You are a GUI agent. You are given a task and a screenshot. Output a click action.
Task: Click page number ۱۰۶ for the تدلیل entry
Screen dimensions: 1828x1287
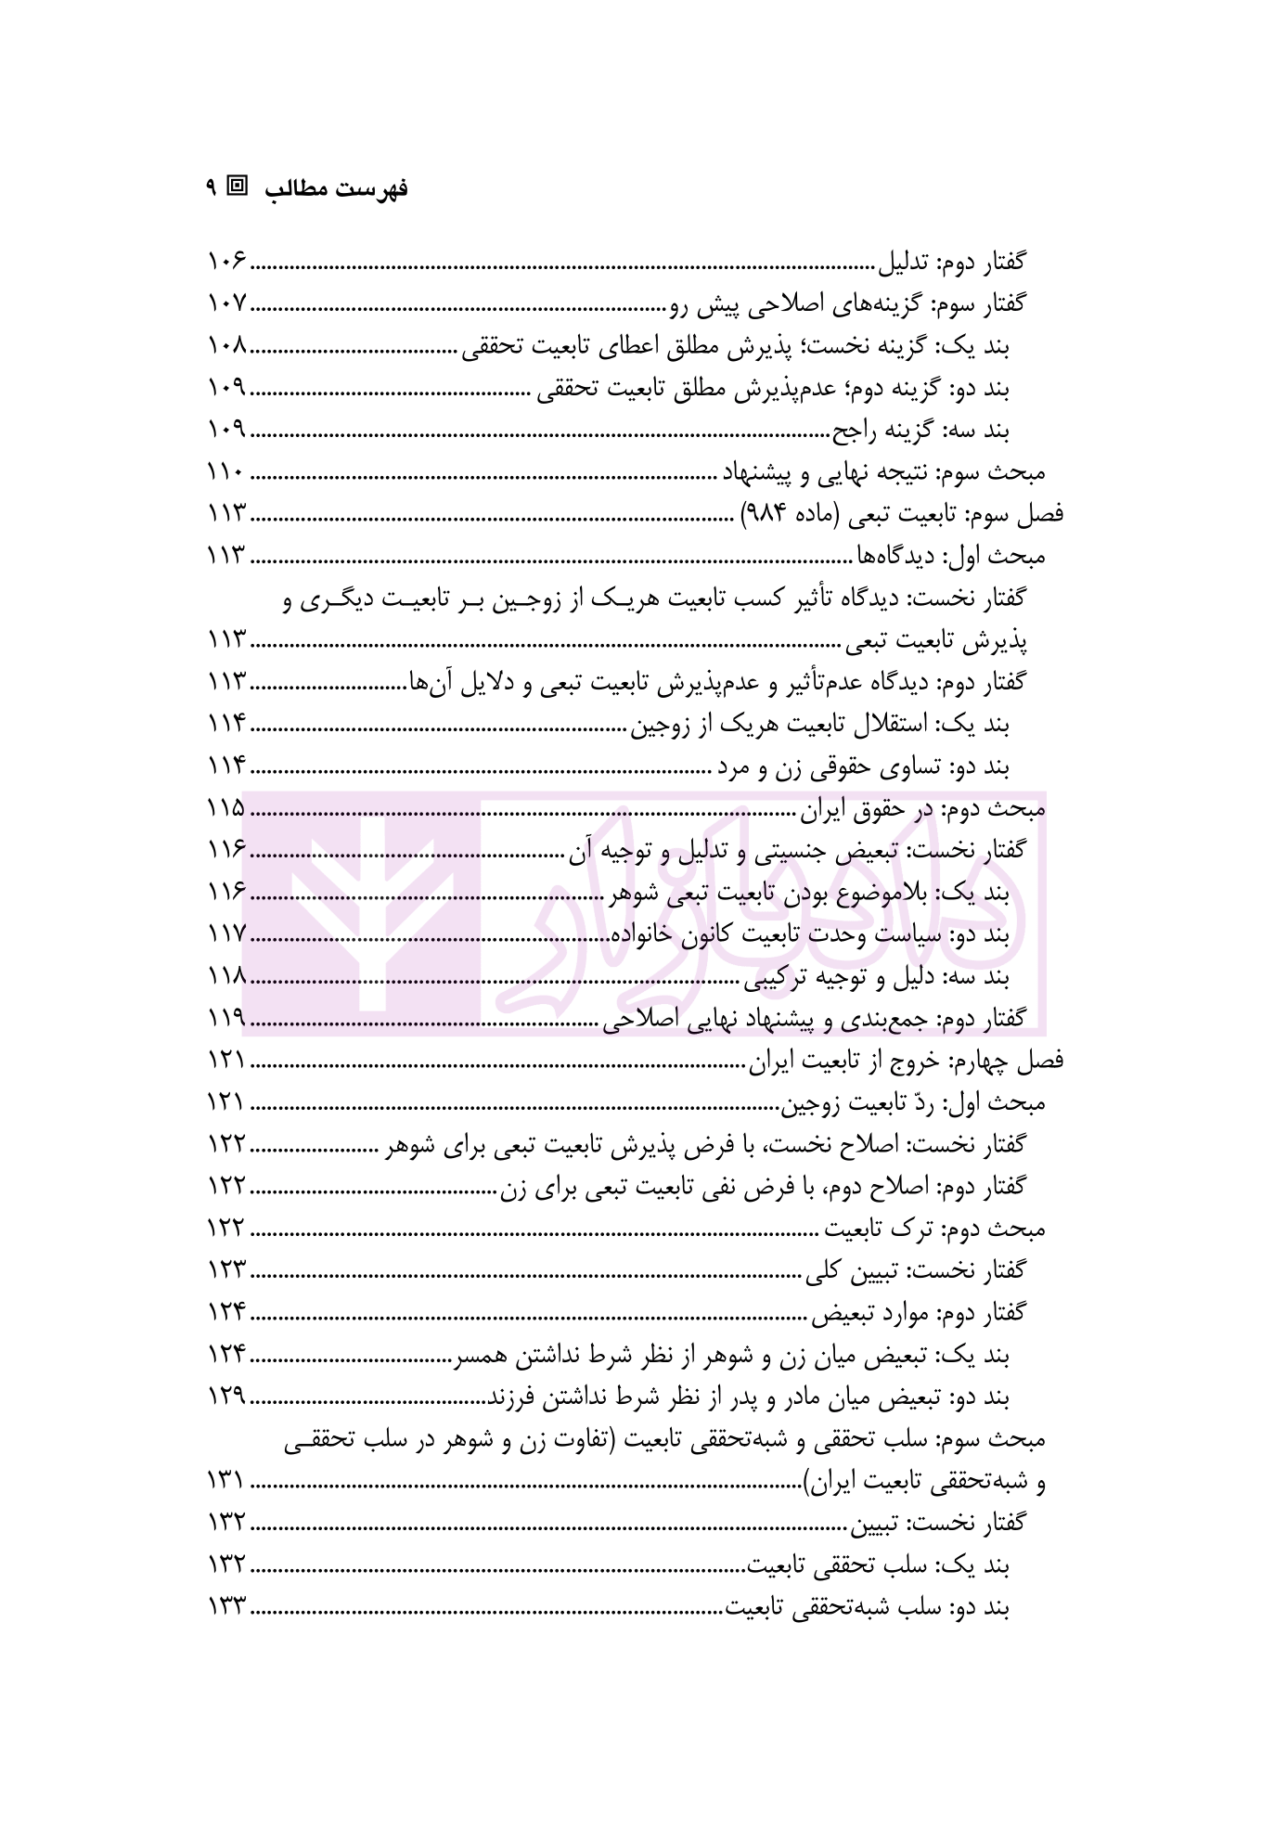tap(226, 263)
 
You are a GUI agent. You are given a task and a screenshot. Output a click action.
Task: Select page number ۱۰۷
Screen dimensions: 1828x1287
tap(226, 303)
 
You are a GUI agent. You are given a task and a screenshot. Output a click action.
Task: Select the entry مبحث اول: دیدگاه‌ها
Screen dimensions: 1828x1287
tap(949, 556)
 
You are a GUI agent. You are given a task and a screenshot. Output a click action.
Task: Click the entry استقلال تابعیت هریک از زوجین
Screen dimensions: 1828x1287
tap(821, 725)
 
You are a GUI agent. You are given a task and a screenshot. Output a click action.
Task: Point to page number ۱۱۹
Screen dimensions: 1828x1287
tap(225, 1019)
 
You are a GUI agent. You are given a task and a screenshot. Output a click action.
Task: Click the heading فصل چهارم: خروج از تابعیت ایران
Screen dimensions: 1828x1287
tap(906, 1061)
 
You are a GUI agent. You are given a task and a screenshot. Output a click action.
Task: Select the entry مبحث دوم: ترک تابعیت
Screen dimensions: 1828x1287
tap(936, 1229)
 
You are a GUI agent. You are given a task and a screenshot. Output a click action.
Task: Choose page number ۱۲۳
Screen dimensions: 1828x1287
tap(225, 1270)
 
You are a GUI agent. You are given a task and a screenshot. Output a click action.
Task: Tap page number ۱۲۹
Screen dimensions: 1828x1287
tap(225, 1397)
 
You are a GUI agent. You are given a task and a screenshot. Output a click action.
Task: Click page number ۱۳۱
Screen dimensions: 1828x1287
tap(225, 1482)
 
